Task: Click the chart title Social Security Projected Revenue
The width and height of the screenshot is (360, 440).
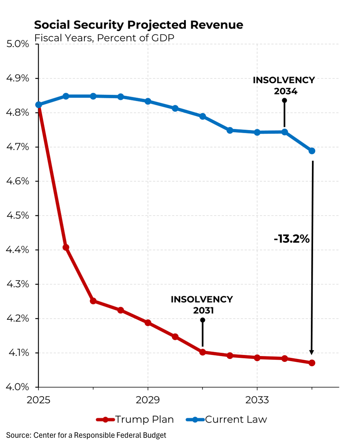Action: click(138, 25)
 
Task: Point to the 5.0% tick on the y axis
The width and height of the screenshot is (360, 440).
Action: click(18, 44)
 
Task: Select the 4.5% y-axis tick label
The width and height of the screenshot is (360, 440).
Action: click(18, 216)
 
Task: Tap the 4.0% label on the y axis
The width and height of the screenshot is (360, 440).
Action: click(18, 387)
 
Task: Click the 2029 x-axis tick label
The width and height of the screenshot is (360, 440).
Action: click(148, 400)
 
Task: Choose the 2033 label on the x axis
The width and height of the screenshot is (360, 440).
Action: click(257, 400)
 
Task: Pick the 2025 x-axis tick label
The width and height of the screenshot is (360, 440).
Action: click(38, 400)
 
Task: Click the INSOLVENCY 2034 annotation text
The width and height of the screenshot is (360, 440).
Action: click(284, 85)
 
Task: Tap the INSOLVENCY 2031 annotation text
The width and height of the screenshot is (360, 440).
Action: click(202, 305)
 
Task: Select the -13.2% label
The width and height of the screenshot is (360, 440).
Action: click(292, 239)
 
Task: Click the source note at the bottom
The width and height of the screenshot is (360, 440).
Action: click(86, 435)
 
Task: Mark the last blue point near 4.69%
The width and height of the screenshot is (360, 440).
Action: click(312, 151)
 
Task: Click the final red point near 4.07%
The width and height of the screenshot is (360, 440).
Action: click(312, 363)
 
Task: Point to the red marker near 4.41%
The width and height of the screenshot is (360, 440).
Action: click(66, 247)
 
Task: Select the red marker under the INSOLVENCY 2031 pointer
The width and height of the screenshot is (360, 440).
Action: click(202, 352)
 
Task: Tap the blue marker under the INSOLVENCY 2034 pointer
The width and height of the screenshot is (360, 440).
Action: click(284, 132)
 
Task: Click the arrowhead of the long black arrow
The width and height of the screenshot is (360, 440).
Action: click(312, 352)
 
